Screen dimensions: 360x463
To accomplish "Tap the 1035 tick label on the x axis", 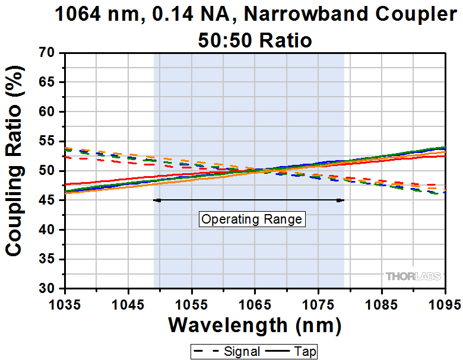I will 65,305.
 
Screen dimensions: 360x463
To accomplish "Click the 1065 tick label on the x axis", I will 255,305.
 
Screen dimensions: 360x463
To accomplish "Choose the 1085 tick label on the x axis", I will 381,305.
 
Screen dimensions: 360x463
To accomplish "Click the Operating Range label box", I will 252,219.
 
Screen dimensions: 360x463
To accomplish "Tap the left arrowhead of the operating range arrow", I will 156,200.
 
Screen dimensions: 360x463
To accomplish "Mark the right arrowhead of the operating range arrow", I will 341,200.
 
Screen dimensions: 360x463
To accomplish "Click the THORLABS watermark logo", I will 413,276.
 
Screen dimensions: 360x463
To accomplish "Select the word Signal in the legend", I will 242,351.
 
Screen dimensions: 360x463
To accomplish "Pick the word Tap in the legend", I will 306,351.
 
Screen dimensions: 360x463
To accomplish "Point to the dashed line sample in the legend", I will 207,351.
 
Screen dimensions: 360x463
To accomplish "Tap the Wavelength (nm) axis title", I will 255,325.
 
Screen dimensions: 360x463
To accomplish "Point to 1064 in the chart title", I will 77,15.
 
